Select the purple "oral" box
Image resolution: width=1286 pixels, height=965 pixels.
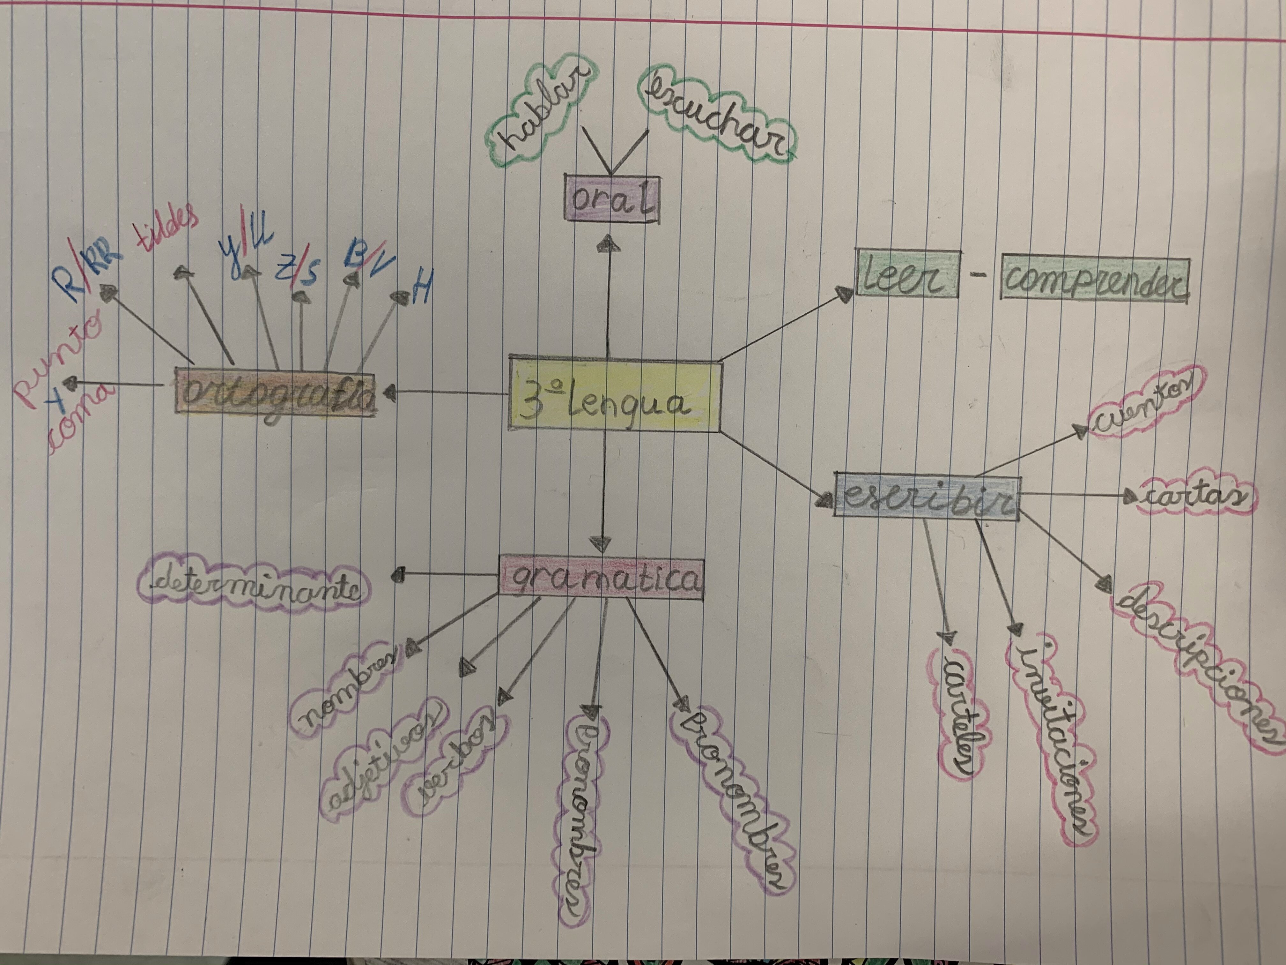[612, 198]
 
